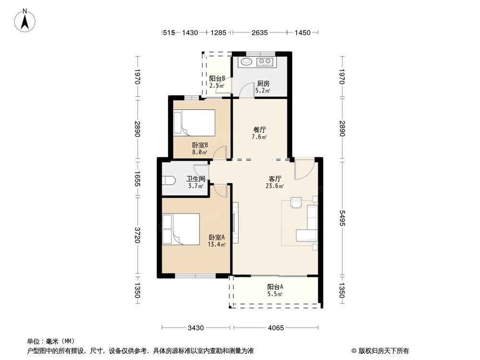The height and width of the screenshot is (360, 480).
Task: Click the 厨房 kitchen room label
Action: (x=263, y=83)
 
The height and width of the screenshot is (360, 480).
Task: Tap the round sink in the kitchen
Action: (x=247, y=61)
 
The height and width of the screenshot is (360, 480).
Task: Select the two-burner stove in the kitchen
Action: (x=265, y=61)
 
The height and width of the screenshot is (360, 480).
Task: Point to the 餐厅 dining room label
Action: (x=260, y=130)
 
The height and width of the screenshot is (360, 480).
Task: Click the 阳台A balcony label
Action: (x=275, y=287)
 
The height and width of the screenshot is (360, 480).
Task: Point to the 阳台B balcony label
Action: (x=217, y=79)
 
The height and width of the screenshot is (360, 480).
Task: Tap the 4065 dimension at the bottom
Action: (x=276, y=328)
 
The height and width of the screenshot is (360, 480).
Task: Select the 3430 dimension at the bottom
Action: (x=196, y=328)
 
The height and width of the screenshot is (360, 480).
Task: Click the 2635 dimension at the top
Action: (x=259, y=33)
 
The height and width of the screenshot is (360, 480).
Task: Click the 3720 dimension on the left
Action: (x=137, y=235)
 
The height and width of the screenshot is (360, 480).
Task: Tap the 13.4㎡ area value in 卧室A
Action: (x=216, y=244)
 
